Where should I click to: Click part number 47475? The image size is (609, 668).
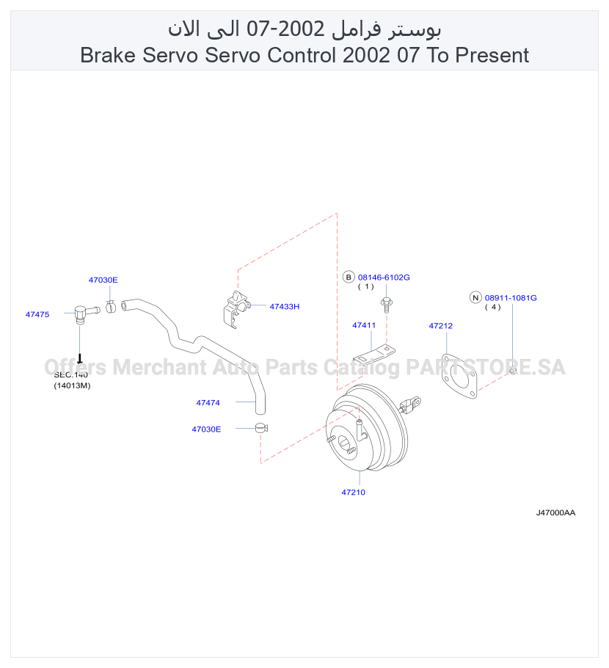[x=37, y=314]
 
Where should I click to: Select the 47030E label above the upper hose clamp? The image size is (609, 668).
[x=103, y=280]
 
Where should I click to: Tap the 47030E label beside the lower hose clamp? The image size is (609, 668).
[x=206, y=429]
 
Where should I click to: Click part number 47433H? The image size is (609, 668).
[x=285, y=306]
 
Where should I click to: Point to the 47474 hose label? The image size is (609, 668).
[x=208, y=402]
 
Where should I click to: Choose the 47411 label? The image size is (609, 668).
[x=364, y=325]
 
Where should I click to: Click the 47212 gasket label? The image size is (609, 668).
[x=441, y=325]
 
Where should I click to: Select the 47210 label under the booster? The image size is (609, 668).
[x=354, y=492]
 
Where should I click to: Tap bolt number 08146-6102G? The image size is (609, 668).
[x=384, y=277]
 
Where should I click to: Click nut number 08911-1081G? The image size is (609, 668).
[x=511, y=298]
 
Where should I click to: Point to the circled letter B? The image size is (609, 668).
[x=349, y=277]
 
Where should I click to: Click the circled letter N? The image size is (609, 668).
[x=475, y=298]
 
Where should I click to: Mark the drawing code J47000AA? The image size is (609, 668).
[x=555, y=512]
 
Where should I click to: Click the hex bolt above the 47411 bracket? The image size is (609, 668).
[x=387, y=304]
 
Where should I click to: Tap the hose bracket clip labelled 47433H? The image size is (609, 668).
[x=236, y=309]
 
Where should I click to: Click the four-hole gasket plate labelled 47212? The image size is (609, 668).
[x=459, y=377]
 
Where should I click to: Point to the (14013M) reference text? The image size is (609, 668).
[x=72, y=385]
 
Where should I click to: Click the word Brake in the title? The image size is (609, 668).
[x=108, y=55]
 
